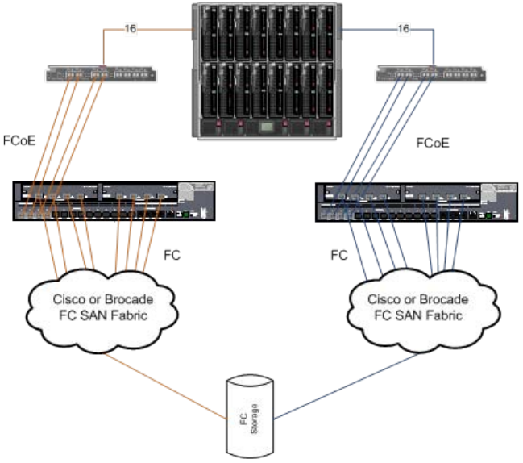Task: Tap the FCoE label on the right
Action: [432, 144]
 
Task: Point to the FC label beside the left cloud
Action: [172, 255]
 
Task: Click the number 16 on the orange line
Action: [131, 29]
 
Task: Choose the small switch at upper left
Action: [102, 76]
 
